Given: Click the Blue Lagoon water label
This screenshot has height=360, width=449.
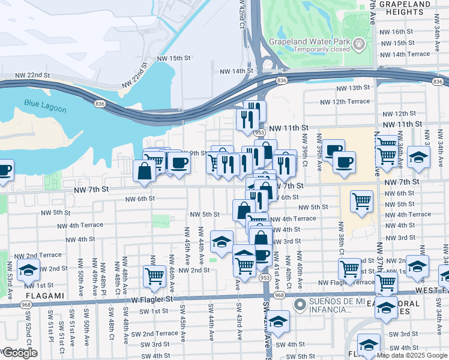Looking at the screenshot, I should click(x=45, y=103).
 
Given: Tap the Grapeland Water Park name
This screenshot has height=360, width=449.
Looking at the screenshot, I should click(x=310, y=43).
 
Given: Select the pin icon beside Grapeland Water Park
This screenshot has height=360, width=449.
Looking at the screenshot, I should click(x=358, y=44).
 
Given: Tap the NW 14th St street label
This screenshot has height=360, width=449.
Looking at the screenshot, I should click(x=237, y=71).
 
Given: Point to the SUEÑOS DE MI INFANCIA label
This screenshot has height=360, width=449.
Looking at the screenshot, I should click(x=339, y=305).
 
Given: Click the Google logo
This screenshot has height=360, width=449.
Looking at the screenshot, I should click(x=20, y=353).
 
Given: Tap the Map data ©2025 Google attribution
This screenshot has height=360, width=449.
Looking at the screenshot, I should click(x=411, y=355).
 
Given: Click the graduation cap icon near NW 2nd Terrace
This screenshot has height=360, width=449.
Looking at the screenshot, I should click(x=28, y=271).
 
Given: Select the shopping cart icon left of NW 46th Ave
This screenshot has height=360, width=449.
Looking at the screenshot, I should click(x=154, y=277).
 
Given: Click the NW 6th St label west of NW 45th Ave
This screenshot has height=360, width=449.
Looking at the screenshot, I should click(x=140, y=198).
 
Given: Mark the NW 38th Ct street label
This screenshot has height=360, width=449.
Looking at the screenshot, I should click(x=340, y=237).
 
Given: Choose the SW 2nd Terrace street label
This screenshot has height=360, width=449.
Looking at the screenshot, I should click(x=155, y=334).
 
